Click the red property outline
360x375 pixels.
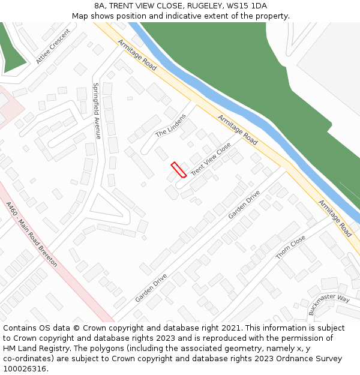[178, 170]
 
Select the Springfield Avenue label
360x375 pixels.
[97, 110]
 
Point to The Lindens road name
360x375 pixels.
[171, 125]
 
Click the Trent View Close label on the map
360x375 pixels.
[211, 159]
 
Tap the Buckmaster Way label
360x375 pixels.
[329, 304]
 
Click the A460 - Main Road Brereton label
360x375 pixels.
[31, 234]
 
